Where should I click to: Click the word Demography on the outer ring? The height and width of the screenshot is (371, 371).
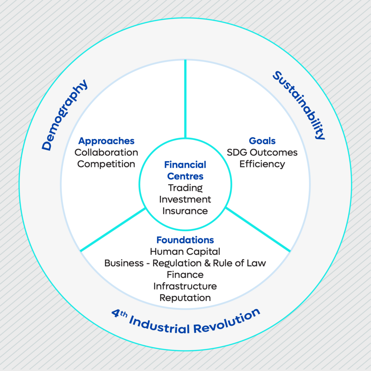point(64,115)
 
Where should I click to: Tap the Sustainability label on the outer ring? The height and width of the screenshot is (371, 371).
point(299,105)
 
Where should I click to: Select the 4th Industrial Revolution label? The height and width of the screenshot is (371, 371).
point(186,321)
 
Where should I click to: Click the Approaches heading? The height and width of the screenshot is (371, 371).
point(106,141)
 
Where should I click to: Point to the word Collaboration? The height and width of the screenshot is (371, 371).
point(106,153)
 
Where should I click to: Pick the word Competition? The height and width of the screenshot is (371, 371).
point(106,164)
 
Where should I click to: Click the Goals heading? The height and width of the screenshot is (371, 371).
point(262,141)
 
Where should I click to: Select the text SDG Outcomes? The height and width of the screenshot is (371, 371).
point(262,153)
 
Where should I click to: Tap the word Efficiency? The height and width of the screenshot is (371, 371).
point(262,164)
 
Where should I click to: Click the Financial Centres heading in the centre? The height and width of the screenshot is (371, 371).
point(185,170)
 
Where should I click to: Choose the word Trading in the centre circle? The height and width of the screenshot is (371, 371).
point(185,188)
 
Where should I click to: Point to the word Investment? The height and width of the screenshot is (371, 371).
point(185,199)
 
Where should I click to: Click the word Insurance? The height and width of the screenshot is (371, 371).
point(185,211)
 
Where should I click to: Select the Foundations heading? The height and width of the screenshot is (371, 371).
point(185,240)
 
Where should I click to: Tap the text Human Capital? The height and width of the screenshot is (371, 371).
point(185,251)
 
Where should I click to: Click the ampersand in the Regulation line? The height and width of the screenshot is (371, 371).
point(208,263)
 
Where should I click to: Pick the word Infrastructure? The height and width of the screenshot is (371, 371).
point(185,286)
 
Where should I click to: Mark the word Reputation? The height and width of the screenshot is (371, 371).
point(185,298)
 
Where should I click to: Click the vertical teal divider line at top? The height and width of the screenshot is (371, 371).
point(185,99)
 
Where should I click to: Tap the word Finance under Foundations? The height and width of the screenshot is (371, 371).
point(185,275)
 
